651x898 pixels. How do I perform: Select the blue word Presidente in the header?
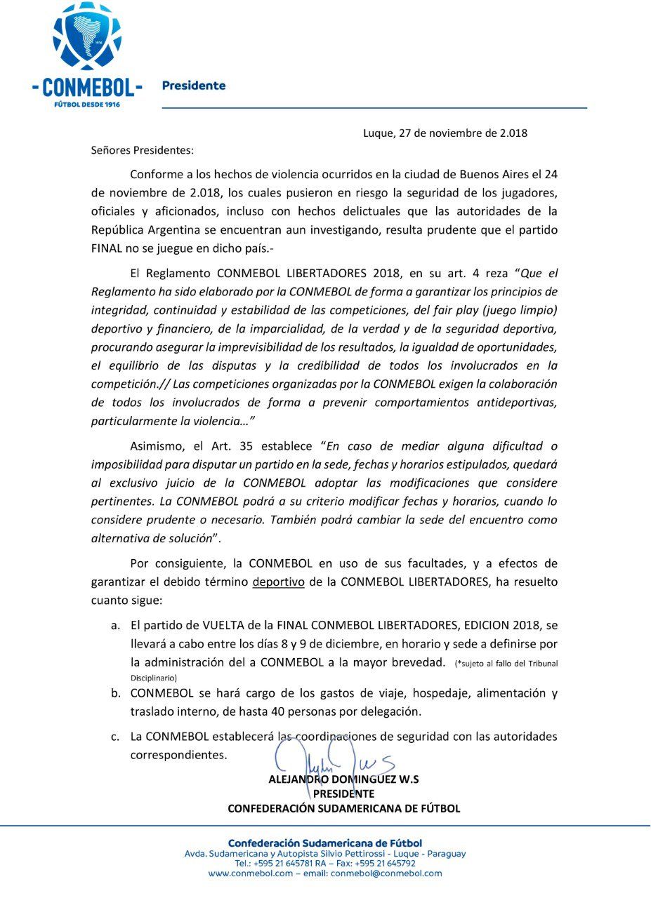click(x=194, y=86)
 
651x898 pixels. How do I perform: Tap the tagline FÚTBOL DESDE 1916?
click(x=87, y=104)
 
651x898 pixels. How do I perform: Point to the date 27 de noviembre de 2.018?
click(x=463, y=133)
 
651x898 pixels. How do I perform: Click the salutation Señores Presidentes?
click(x=142, y=149)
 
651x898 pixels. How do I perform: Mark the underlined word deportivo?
click(x=278, y=582)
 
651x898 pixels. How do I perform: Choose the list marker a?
click(x=115, y=625)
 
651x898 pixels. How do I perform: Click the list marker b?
click(x=115, y=693)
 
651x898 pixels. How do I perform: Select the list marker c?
click(x=115, y=737)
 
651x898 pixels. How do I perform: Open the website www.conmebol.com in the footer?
click(x=250, y=873)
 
